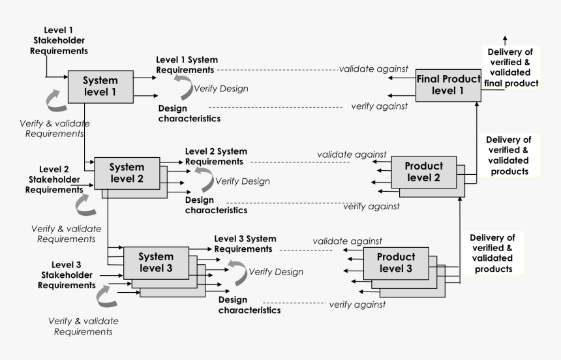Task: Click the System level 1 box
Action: click(x=100, y=85)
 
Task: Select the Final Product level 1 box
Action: click(x=448, y=85)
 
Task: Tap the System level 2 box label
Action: click(x=127, y=172)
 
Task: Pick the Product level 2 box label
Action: click(x=423, y=172)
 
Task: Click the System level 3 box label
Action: click(x=156, y=262)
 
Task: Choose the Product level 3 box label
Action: click(x=396, y=263)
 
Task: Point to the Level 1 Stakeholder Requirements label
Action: click(x=59, y=40)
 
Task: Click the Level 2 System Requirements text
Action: click(x=215, y=157)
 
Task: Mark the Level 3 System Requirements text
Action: click(x=245, y=244)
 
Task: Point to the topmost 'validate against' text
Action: click(x=374, y=68)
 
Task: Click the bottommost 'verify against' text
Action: click(x=357, y=305)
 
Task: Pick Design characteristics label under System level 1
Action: click(x=189, y=113)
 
